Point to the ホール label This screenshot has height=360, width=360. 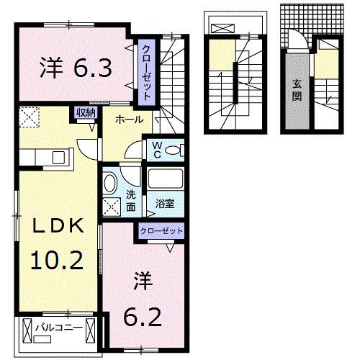tap(127, 120)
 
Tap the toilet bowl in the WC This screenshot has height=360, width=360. tap(177, 150)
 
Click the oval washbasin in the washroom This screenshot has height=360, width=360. tap(110, 183)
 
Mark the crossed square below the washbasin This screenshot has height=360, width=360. tap(112, 206)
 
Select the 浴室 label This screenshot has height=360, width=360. tap(165, 204)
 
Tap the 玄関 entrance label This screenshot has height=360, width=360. tap(297, 89)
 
